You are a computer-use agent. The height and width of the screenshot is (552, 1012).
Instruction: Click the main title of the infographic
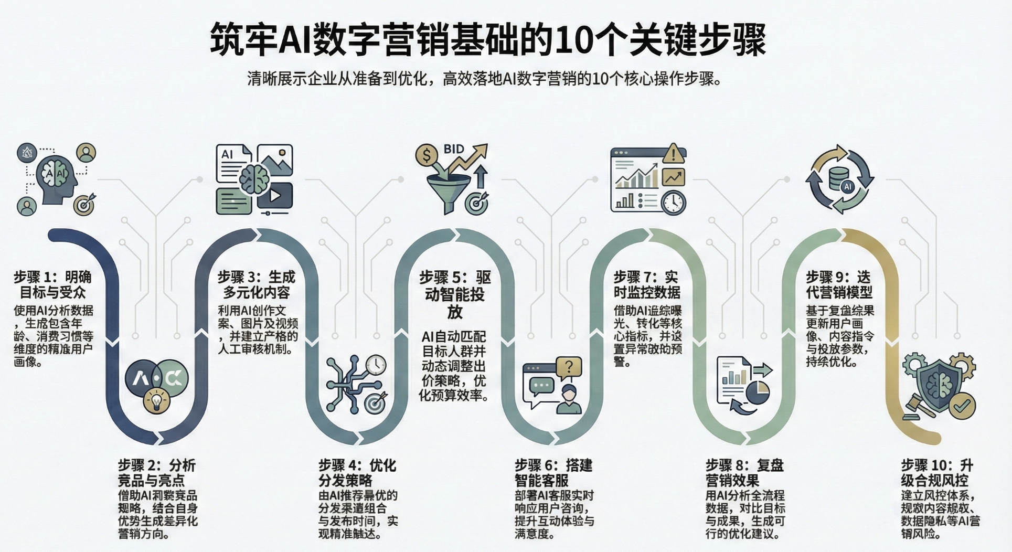pyautogui.click(x=488, y=39)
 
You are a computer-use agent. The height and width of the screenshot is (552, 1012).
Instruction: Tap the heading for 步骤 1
pyautogui.click(x=52, y=284)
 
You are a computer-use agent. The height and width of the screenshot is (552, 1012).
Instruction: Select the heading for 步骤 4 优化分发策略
pyautogui.click(x=357, y=472)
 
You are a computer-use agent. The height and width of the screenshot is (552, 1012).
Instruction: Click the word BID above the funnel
pyautogui.click(x=453, y=150)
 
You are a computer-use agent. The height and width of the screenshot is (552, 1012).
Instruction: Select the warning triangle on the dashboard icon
pyautogui.click(x=673, y=154)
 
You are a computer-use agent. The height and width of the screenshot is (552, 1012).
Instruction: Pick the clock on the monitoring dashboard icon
pyautogui.click(x=673, y=202)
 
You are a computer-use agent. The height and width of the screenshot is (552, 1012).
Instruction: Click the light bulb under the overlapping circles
pyautogui.click(x=156, y=401)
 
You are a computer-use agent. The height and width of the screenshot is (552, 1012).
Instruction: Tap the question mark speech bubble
pyautogui.click(x=569, y=366)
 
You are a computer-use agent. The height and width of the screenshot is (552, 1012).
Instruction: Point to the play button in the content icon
pyautogui.click(x=275, y=196)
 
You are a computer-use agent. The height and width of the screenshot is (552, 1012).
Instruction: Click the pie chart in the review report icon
pyautogui.click(x=757, y=392)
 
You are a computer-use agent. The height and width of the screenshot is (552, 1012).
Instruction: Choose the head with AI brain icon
pyautogui.click(x=57, y=177)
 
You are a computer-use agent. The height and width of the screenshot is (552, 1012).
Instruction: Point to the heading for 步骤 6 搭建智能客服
pyautogui.click(x=553, y=472)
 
